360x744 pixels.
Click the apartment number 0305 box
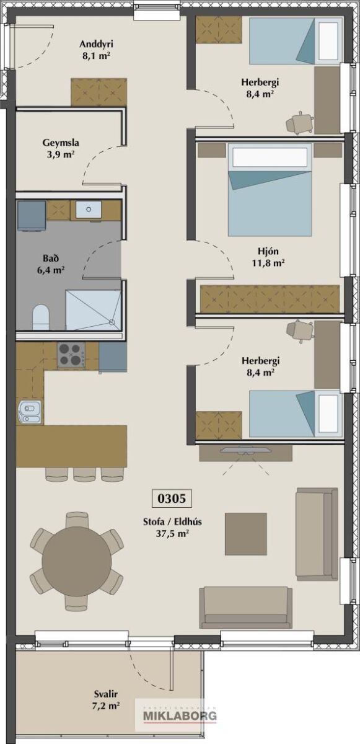[172, 498]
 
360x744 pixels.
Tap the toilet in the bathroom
[41, 317]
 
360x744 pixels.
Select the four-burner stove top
[71, 355]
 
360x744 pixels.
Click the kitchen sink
[30, 412]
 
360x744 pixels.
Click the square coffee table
[246, 534]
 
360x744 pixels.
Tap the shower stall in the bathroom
[93, 310]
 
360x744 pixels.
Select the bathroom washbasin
[88, 210]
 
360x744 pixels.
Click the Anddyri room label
[96, 44]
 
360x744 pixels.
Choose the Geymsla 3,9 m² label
[60, 148]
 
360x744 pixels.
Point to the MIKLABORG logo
[180, 715]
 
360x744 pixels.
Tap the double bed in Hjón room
[270, 189]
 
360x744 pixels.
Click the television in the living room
[245, 450]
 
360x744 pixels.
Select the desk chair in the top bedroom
[299, 123]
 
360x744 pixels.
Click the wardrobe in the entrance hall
[99, 92]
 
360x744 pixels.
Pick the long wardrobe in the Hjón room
[270, 299]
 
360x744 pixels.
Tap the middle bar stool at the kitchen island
[85, 474]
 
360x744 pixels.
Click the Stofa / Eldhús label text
[172, 521]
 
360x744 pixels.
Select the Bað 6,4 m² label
[50, 263]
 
